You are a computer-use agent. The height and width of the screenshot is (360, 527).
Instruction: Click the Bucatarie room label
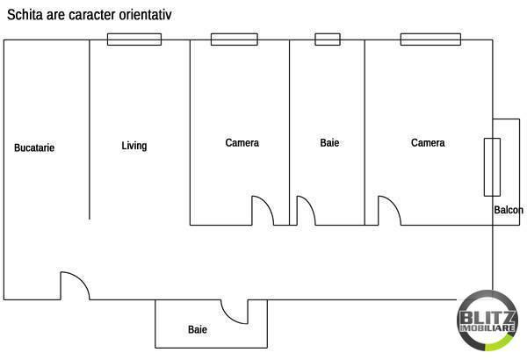tap(34, 148)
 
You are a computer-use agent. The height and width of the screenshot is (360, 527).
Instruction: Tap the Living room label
tap(134, 146)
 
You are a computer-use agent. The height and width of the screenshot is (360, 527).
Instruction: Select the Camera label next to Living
tap(242, 142)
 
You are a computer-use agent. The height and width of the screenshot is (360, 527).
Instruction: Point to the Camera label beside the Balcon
tap(428, 142)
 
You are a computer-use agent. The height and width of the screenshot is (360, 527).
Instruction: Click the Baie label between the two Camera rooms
tap(329, 142)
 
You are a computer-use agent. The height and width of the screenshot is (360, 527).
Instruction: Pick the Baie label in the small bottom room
tap(198, 330)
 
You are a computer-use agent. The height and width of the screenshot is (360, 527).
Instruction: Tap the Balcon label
tap(509, 210)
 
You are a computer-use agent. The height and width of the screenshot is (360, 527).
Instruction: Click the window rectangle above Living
tap(134, 39)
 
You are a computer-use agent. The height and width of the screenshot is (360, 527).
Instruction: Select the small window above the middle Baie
tap(328, 39)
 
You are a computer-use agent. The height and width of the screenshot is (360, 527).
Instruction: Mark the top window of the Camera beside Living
tap(235, 39)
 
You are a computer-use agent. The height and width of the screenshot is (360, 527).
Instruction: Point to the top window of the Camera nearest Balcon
tap(431, 39)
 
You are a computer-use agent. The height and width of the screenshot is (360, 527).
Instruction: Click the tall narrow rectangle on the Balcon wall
tap(492, 167)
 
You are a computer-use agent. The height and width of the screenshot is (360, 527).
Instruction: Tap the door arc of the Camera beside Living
tap(263, 211)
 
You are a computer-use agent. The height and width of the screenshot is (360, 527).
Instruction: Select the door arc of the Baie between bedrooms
tap(305, 211)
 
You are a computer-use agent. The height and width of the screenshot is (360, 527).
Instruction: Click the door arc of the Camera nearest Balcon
tap(389, 211)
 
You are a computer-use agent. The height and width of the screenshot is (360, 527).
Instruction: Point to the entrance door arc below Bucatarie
tap(74, 285)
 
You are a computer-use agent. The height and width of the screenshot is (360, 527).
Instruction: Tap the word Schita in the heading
tap(25, 15)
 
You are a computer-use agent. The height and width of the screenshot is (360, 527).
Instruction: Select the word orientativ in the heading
tap(171, 15)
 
